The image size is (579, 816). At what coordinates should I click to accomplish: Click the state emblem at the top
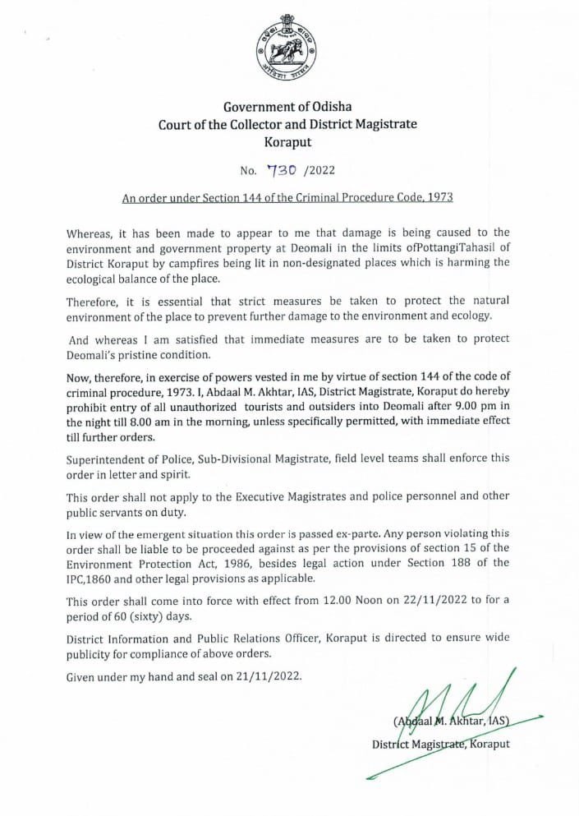pos(287,49)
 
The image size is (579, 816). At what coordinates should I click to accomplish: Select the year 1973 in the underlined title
pos(439,198)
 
